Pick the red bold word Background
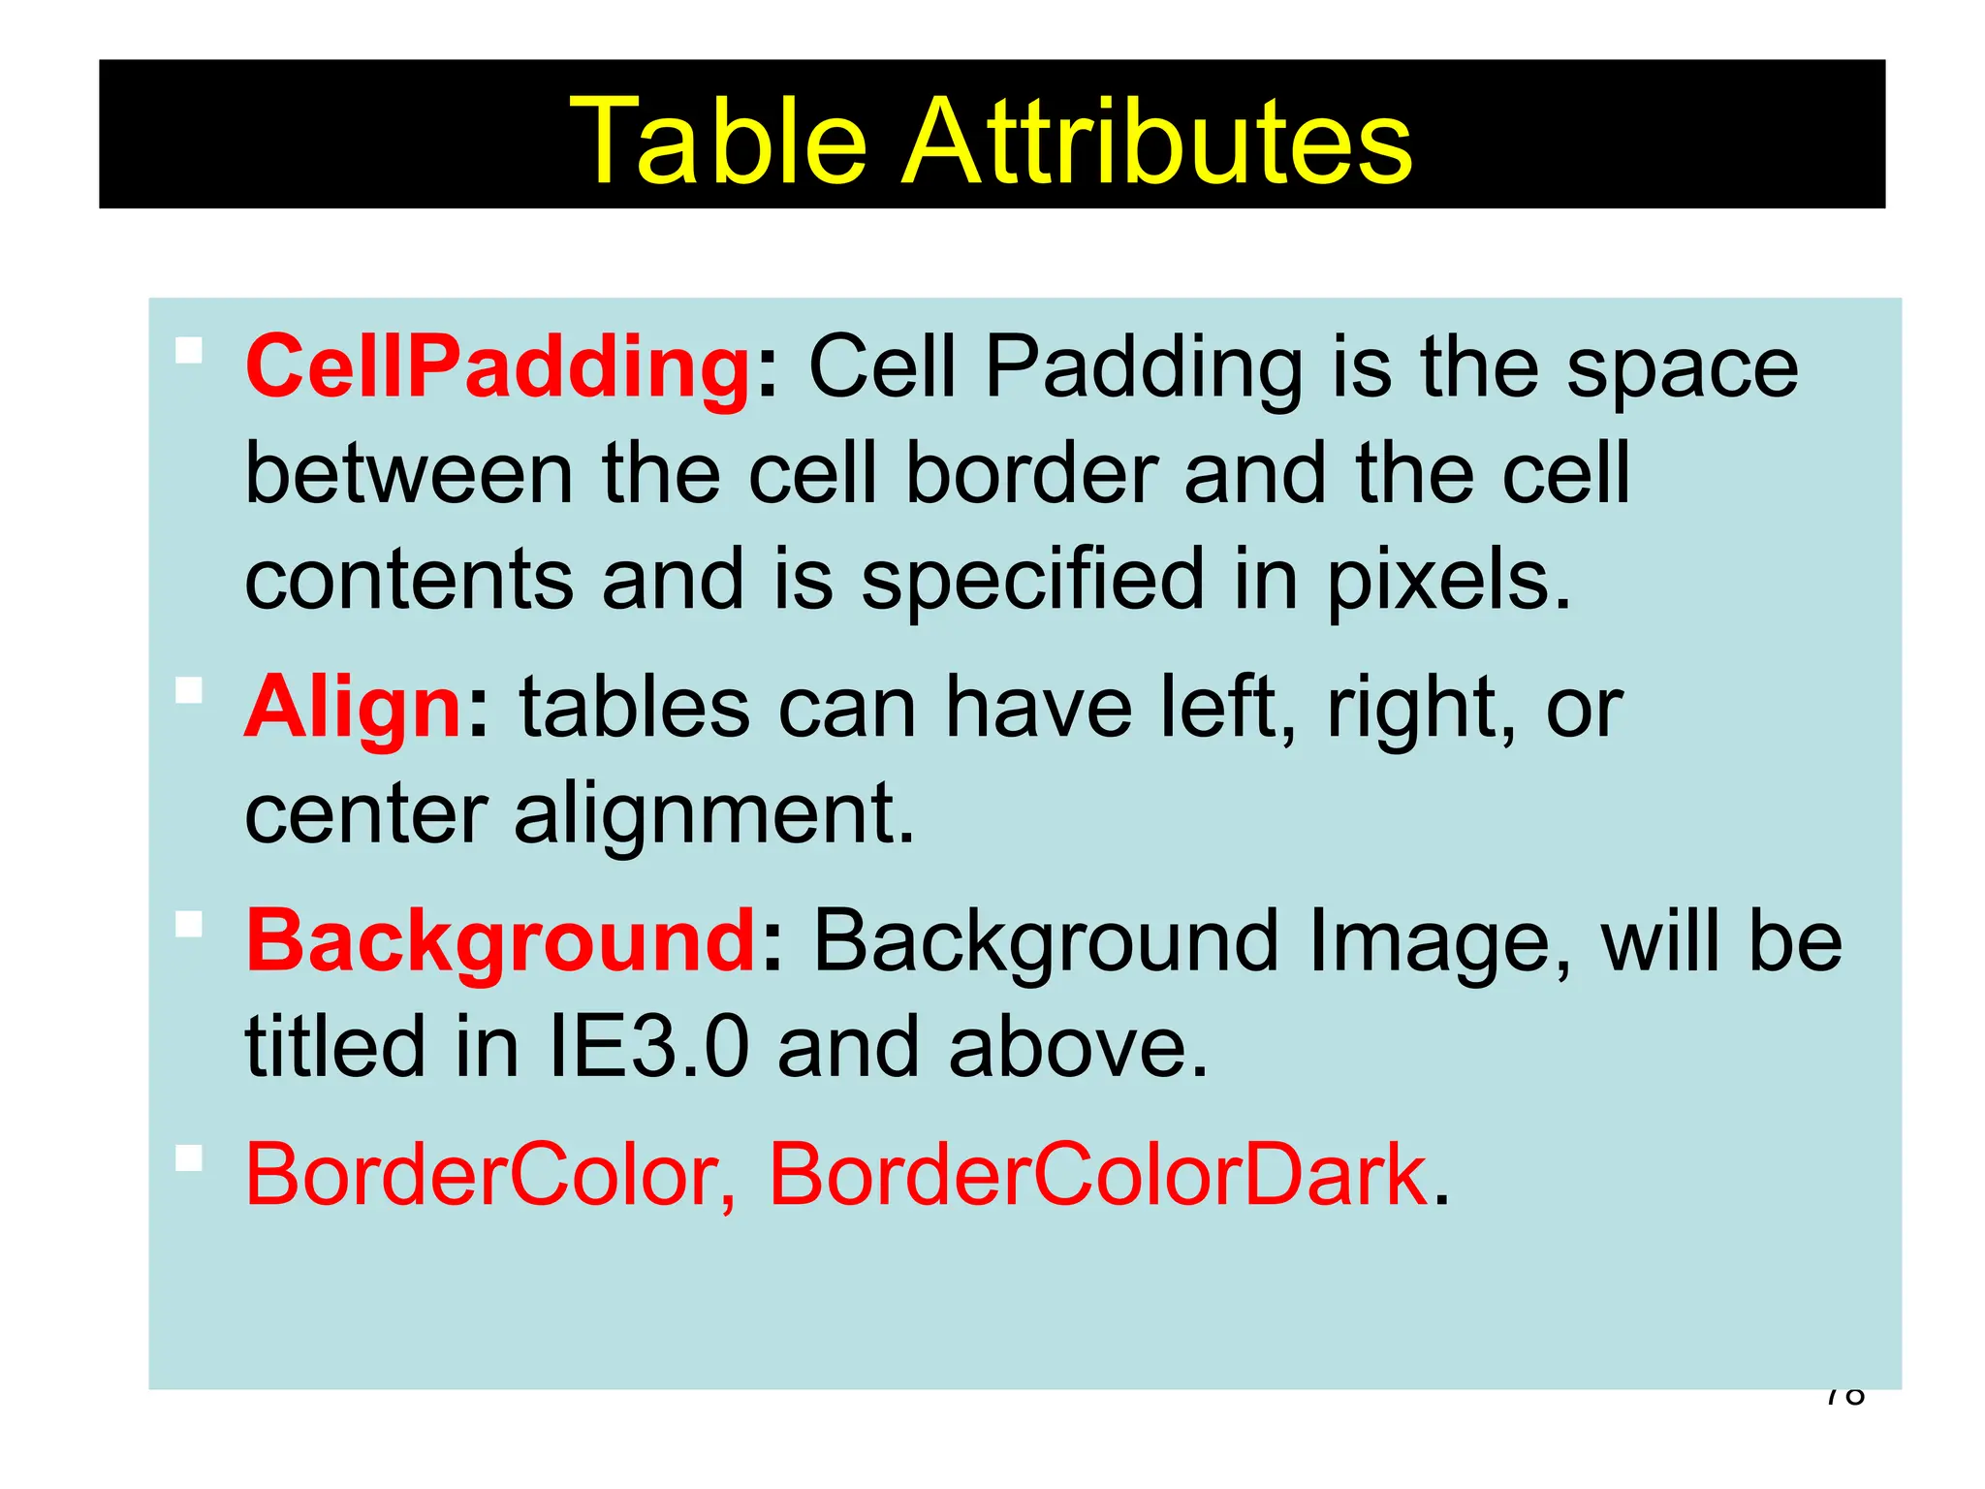pos(500,942)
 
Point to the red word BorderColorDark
pos(1097,1175)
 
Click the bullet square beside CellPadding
pos(189,350)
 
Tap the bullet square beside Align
pos(189,690)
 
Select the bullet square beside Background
pos(189,925)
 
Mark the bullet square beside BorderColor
pos(189,1157)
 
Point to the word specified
pos(1031,582)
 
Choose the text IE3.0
pos(648,1047)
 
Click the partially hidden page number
pos(1844,1398)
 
